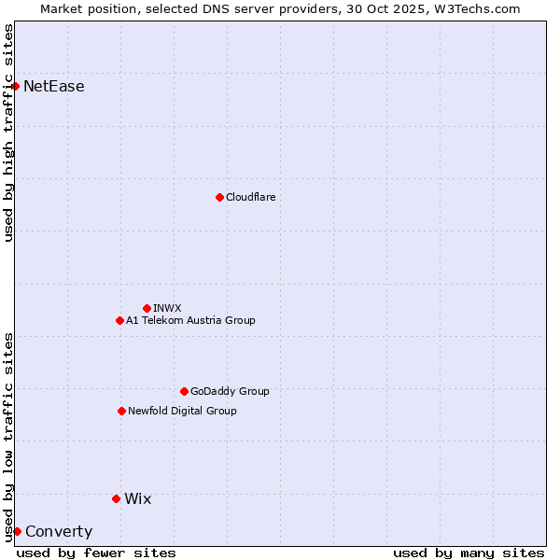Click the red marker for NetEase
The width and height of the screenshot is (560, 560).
click(15, 86)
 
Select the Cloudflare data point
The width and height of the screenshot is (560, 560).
click(219, 197)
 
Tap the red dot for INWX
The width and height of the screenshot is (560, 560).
click(147, 308)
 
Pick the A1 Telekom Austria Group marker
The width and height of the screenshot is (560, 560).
click(119, 320)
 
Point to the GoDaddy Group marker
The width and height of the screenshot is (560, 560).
click(184, 391)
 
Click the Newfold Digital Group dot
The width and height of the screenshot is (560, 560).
click(121, 411)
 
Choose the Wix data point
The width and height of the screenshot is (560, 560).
click(116, 498)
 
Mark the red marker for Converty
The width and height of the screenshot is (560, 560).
click(17, 531)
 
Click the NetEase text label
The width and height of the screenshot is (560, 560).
click(54, 87)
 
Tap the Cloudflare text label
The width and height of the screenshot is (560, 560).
click(250, 197)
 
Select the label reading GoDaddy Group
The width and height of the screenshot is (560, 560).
click(230, 391)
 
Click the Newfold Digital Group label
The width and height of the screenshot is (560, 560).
click(182, 411)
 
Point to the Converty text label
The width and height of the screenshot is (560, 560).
click(59, 532)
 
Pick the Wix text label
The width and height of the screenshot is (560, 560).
click(137, 498)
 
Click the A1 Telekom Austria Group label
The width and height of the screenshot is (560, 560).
click(190, 320)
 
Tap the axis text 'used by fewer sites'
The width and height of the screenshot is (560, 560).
click(96, 553)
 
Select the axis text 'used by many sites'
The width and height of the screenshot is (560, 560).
click(469, 553)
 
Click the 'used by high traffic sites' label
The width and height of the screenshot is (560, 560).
click(8, 133)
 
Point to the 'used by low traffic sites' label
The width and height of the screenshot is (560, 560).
click(8, 436)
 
